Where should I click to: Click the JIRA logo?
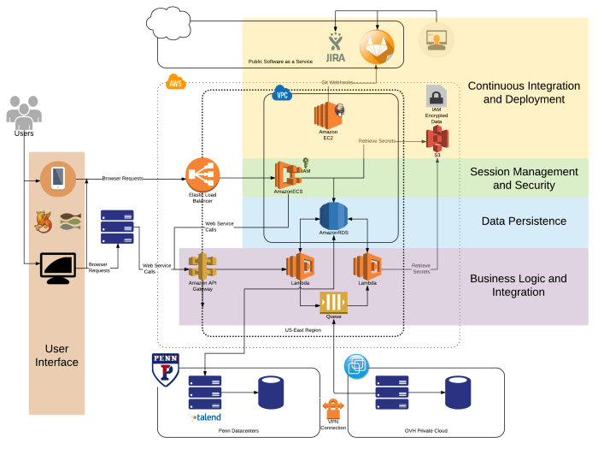click(x=336, y=47)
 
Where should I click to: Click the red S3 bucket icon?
click(x=437, y=137)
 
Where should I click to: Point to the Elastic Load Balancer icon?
click(x=202, y=176)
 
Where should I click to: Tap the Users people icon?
click(x=24, y=111)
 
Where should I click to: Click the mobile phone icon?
click(x=57, y=178)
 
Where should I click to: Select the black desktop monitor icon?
click(x=57, y=269)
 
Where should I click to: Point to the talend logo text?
click(x=204, y=417)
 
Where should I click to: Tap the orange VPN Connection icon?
click(x=333, y=408)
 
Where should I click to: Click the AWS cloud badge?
click(x=175, y=83)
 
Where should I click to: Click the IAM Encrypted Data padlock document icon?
click(x=437, y=96)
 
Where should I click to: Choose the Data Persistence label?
click(x=524, y=221)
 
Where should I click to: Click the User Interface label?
click(x=56, y=356)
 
